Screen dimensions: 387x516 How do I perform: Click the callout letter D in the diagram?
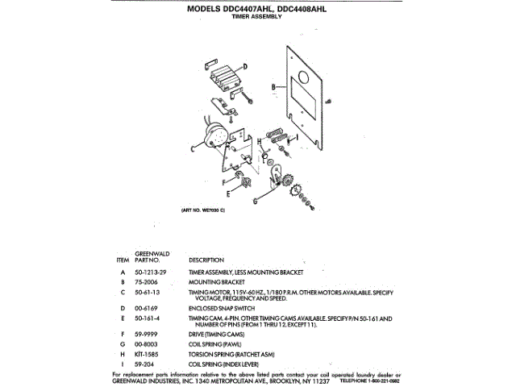click(x=245, y=64)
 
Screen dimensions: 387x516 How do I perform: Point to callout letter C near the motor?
click(x=193, y=150)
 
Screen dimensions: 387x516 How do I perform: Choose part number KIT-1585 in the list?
click(x=146, y=352)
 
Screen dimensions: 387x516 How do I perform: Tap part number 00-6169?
click(x=145, y=308)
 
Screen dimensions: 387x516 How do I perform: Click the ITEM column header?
click(x=123, y=261)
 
